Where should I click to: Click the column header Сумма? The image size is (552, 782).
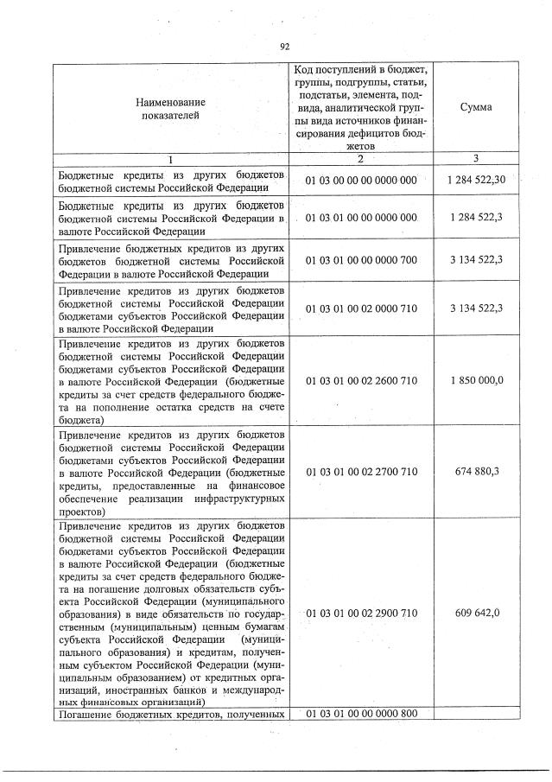(476, 107)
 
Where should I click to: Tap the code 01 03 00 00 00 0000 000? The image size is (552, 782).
(361, 180)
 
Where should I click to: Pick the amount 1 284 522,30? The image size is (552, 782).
(477, 179)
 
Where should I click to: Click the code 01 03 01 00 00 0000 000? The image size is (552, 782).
(361, 218)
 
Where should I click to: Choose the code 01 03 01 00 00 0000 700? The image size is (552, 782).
(361, 258)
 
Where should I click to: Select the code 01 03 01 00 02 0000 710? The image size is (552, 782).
(361, 308)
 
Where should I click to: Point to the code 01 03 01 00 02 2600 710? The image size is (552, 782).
(361, 380)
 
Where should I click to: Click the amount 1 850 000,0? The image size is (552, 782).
(477, 380)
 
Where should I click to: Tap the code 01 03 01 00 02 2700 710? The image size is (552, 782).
(361, 471)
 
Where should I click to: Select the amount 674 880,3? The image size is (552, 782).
(477, 471)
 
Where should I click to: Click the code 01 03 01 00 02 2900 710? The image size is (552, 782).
(361, 613)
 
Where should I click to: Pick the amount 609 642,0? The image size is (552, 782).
(477, 613)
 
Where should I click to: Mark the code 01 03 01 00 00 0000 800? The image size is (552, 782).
(361, 713)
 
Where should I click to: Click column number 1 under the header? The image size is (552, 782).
(170, 159)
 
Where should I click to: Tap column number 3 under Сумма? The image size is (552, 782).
(476, 158)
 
